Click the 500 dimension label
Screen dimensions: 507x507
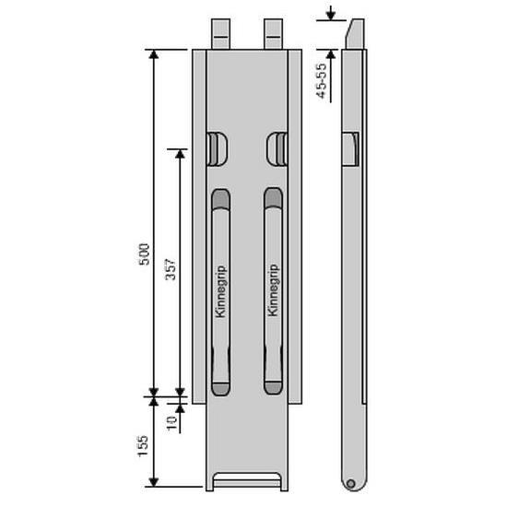click(x=145, y=254)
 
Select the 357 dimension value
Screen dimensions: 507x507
click(x=171, y=269)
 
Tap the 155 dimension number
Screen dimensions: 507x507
click(x=143, y=446)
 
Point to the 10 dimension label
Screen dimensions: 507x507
click(x=171, y=422)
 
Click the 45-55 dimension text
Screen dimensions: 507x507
click(x=322, y=81)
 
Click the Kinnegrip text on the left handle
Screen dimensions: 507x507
click(x=221, y=291)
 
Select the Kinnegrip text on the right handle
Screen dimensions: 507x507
click(x=273, y=290)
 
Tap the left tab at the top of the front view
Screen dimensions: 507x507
click(x=220, y=33)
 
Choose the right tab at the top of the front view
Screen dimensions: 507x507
click(x=273, y=33)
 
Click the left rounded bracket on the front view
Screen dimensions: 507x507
click(x=217, y=148)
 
